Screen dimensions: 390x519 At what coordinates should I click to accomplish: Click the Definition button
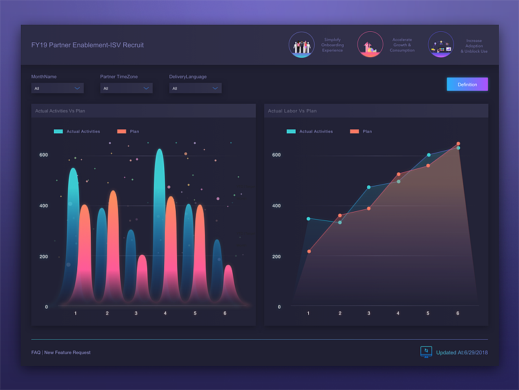point(467,84)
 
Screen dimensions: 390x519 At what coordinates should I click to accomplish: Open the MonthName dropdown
point(57,88)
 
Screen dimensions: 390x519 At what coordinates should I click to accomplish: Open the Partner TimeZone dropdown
point(126,88)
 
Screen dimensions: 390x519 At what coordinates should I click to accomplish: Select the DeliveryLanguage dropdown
point(195,88)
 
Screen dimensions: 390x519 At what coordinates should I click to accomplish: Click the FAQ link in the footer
point(36,352)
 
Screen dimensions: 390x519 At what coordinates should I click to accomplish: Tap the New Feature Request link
point(67,352)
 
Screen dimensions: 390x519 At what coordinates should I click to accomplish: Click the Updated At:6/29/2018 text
point(462,352)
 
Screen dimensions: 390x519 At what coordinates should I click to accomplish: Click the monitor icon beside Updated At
point(426,351)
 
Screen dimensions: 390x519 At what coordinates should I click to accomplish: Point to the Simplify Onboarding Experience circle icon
point(302,45)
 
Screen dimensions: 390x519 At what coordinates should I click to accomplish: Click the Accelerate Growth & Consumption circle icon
point(370,45)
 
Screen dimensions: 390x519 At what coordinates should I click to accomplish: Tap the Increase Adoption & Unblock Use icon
point(441,45)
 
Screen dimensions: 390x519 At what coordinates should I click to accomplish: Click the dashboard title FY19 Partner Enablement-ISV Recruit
point(88,45)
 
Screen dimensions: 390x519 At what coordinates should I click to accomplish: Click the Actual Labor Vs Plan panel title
point(293,111)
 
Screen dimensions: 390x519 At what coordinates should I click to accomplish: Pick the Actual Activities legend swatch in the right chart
point(291,131)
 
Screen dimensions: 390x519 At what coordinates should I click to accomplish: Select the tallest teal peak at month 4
point(159,156)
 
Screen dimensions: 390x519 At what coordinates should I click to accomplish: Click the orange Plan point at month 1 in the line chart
point(309,251)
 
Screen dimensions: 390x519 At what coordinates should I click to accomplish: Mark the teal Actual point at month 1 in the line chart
point(308,219)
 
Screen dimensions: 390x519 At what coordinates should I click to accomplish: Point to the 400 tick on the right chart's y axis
point(276,206)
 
